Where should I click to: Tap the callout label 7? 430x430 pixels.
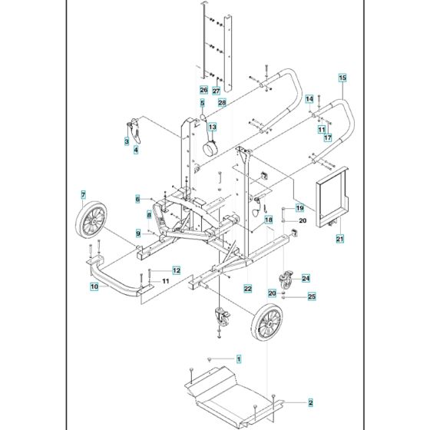tap(83, 196)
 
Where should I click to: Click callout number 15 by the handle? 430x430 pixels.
tap(342, 78)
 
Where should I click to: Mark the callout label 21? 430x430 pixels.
tap(339, 240)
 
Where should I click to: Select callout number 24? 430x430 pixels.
tap(305, 278)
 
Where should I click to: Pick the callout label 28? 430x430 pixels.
tap(221, 102)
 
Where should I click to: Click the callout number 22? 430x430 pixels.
tap(247, 288)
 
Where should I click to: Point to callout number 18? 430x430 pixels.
tap(269, 220)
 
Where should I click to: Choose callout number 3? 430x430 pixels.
tap(126, 141)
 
